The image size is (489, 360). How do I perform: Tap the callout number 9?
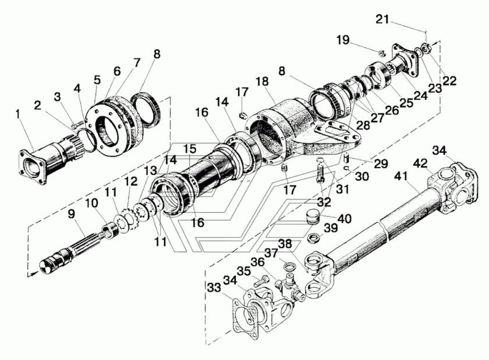click(72, 214)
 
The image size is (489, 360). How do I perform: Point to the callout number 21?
click(382, 19)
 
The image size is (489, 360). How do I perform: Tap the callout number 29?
click(381, 163)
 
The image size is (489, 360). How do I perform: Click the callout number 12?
click(127, 183)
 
